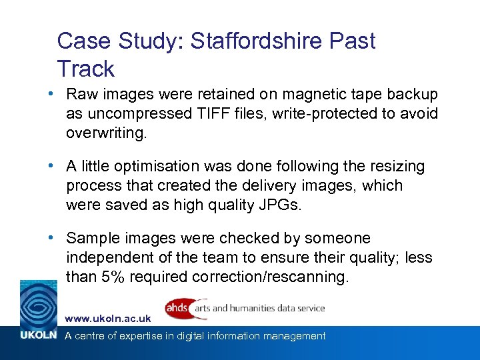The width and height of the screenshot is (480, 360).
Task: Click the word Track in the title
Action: point(86,69)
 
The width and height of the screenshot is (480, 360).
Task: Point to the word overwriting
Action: point(105,133)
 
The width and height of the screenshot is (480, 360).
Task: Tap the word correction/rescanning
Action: point(270,277)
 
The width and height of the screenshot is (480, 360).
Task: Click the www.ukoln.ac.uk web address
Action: point(108,319)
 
